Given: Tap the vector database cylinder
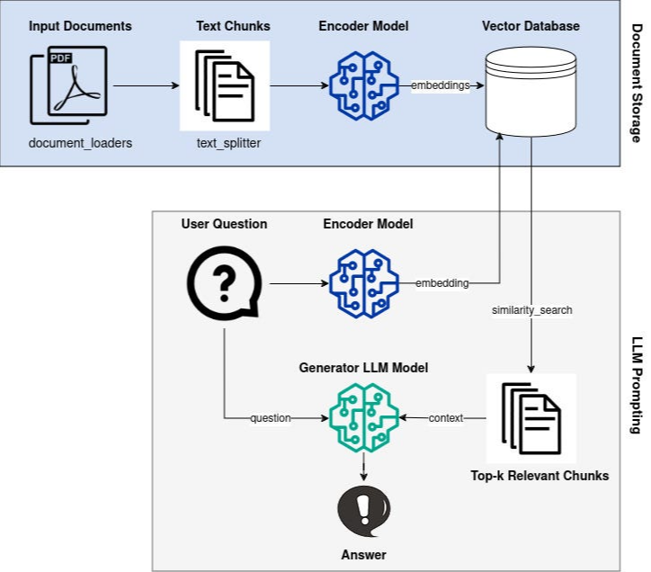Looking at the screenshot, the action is click(x=531, y=92).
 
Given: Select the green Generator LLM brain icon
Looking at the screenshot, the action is click(x=363, y=417).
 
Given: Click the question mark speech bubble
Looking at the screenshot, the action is click(x=224, y=283).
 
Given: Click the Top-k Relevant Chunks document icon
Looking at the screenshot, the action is click(x=531, y=419).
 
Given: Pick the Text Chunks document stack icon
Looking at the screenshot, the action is click(x=225, y=86).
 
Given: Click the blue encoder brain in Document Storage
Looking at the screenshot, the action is click(x=363, y=85).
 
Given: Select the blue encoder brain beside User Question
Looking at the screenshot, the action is click(x=363, y=283).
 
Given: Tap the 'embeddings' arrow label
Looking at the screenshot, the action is click(x=440, y=85).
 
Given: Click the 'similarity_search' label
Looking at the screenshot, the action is click(x=531, y=310).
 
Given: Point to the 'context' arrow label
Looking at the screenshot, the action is click(x=445, y=418).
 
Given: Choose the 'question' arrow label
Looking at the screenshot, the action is click(x=271, y=418).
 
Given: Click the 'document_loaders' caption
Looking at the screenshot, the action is click(x=81, y=143).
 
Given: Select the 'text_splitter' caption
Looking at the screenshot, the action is click(x=228, y=143).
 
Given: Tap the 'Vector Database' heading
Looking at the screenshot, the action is click(x=531, y=26).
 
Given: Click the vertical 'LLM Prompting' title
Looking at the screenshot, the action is click(x=637, y=385).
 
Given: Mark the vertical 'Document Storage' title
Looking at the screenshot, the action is click(x=637, y=83).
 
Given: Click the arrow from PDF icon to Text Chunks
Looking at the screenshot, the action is click(x=147, y=85).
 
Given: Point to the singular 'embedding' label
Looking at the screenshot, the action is click(x=441, y=283).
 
